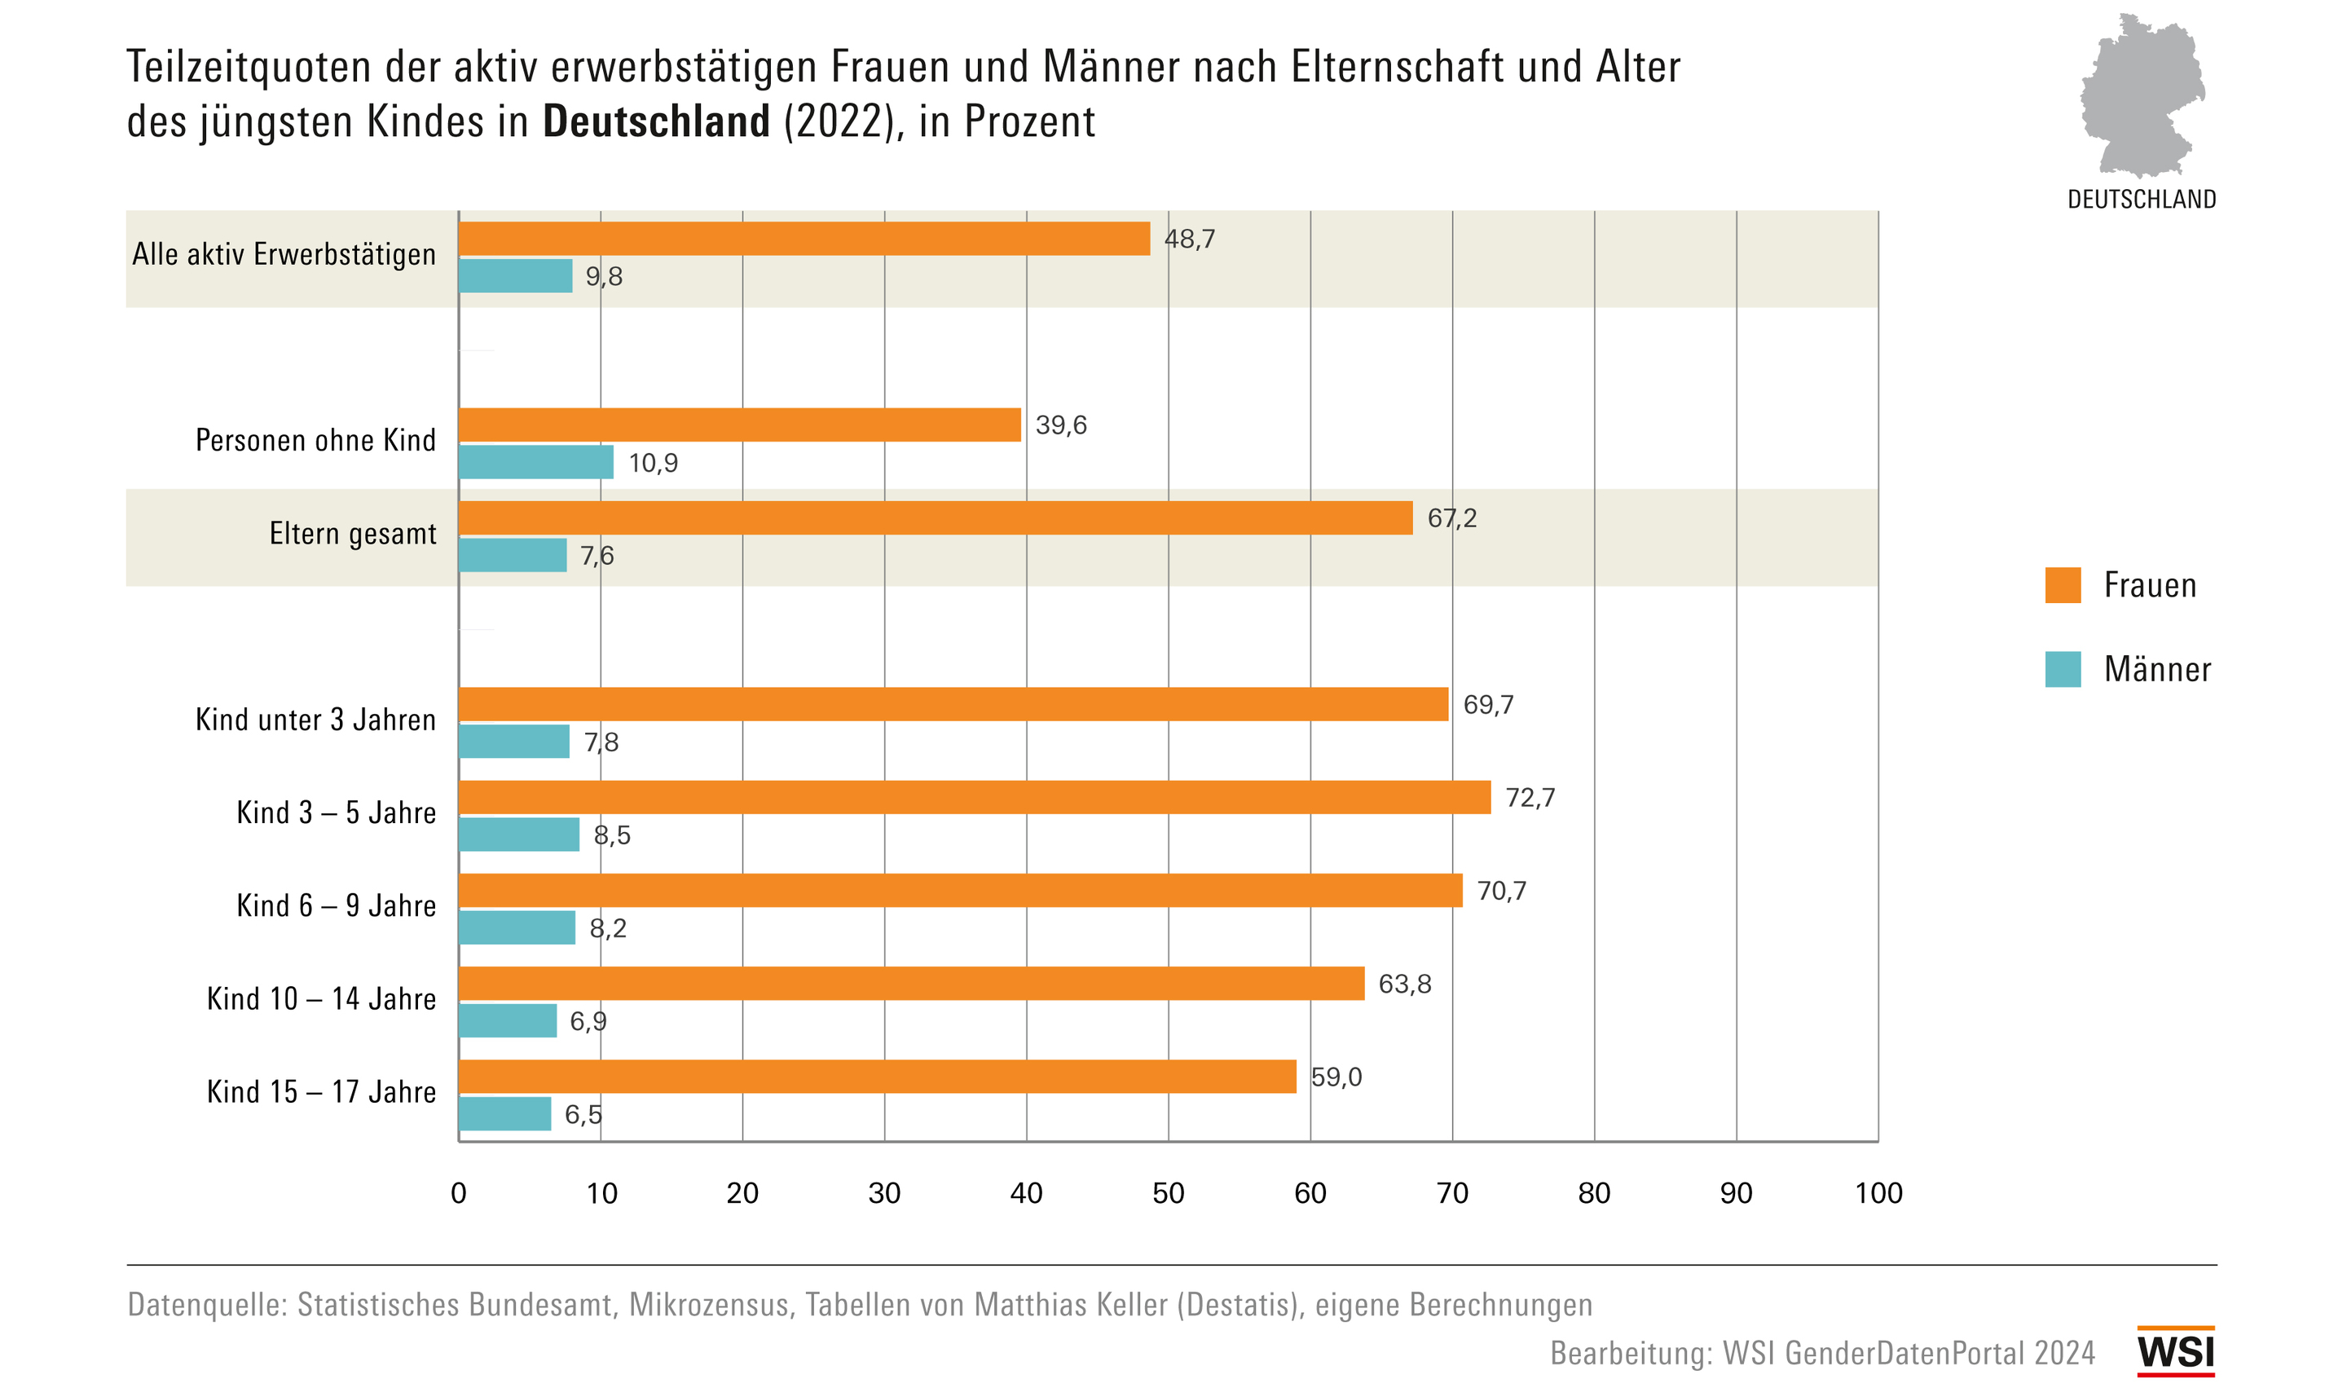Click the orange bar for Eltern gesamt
pyautogui.click(x=935, y=518)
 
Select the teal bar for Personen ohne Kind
pyautogui.click(x=535, y=462)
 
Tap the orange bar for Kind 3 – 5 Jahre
pyautogui.click(x=974, y=797)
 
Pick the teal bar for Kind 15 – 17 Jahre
pyautogui.click(x=504, y=1114)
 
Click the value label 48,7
pyautogui.click(x=1189, y=239)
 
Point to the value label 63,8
pyautogui.click(x=1403, y=984)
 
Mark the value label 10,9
pyautogui.click(x=653, y=464)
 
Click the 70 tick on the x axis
pyautogui.click(x=1451, y=1193)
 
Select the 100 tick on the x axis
pyautogui.click(x=1878, y=1193)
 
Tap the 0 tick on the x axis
pyautogui.click(x=459, y=1193)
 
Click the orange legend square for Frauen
pyautogui.click(x=2063, y=585)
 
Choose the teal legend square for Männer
pyautogui.click(x=2063, y=670)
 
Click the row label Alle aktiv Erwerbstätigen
pyautogui.click(x=284, y=254)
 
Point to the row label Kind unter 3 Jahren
pyautogui.click(x=315, y=720)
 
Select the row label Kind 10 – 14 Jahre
pyautogui.click(x=321, y=999)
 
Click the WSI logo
pyautogui.click(x=2175, y=1352)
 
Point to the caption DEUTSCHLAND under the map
pyautogui.click(x=2142, y=200)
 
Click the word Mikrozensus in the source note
pyautogui.click(x=709, y=1305)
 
